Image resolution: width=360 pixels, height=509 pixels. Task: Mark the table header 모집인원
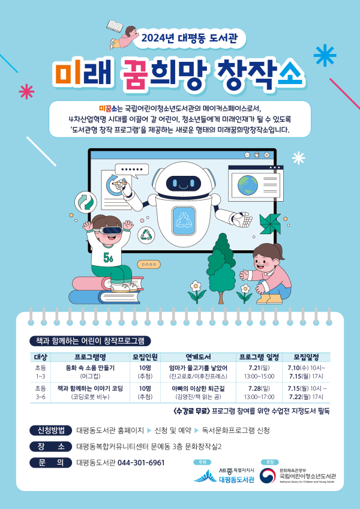pos(145,356)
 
